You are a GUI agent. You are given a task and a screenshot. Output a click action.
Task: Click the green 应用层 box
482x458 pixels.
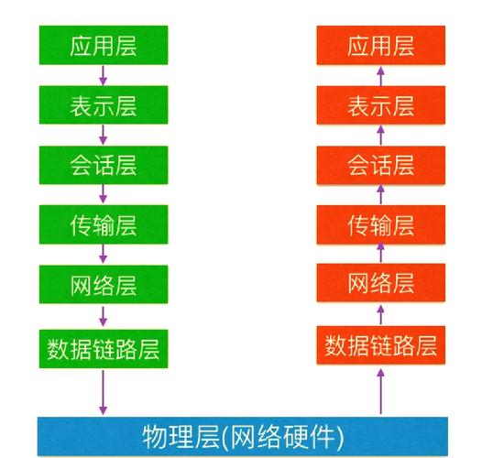pos(104,45)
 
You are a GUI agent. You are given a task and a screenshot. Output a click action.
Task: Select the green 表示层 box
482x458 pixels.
pos(104,105)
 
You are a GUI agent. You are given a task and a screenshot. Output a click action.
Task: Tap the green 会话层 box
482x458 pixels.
pos(104,165)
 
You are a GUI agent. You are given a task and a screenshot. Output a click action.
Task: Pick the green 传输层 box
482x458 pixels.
pos(104,224)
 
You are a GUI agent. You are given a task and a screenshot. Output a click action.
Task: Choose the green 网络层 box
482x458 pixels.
pos(104,284)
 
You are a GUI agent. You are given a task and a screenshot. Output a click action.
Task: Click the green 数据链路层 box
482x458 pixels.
pos(104,349)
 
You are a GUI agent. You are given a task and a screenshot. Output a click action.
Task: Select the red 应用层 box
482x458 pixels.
pos(381,45)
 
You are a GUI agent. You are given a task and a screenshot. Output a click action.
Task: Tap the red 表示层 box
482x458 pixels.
pos(381,105)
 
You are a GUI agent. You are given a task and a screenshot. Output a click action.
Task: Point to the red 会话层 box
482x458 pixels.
pos(381,165)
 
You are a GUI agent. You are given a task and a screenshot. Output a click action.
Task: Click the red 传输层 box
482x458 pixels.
pos(381,224)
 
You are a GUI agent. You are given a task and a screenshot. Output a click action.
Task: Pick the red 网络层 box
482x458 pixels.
pos(381,282)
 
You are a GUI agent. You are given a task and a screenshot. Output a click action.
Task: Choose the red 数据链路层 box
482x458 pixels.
pos(381,345)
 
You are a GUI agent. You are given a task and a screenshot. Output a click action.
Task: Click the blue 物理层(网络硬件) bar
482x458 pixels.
pos(243,437)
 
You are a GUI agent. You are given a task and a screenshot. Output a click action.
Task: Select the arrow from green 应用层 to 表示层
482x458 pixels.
pos(104,75)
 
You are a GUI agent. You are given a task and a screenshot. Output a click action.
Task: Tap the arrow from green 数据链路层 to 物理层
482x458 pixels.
pos(104,393)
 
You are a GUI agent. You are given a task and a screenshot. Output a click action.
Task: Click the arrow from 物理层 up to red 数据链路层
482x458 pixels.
pos(381,391)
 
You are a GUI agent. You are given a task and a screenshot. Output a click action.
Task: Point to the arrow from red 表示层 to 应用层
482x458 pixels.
pos(381,77)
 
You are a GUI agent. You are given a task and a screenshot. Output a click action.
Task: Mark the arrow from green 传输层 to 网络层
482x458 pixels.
pos(104,254)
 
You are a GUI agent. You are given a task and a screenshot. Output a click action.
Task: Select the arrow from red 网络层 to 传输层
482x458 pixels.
pos(381,253)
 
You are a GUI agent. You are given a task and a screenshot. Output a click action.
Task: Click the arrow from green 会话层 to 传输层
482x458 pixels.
pos(104,194)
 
